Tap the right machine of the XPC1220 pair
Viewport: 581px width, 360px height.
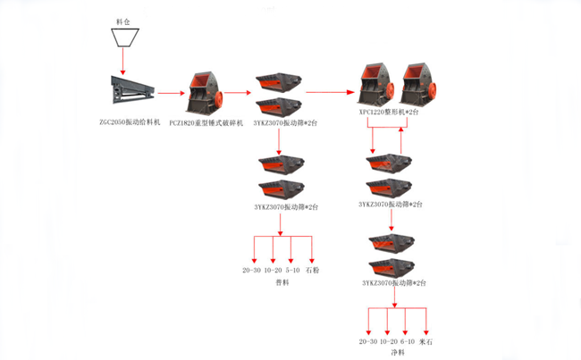420,85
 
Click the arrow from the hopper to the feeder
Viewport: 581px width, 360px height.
122,62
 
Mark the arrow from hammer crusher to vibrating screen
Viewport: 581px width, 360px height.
239,91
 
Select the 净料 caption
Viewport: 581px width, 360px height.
397,353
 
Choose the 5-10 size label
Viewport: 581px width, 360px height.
291,269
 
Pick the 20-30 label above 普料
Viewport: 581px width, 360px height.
252,269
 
